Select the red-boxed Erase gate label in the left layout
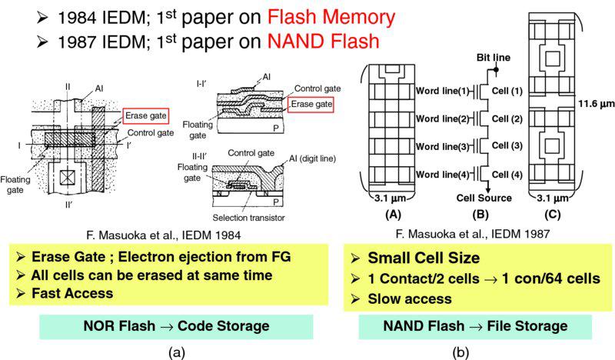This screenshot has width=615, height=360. (141, 117)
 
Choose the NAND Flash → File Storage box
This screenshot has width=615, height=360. (474, 326)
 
